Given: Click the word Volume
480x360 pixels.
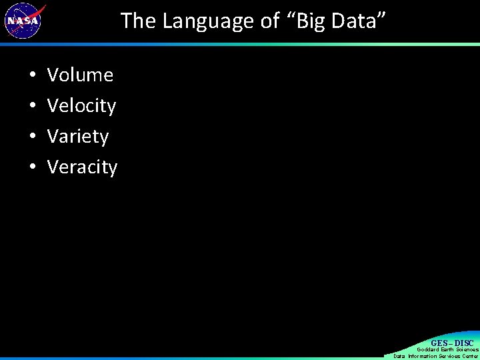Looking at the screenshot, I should coord(80,75).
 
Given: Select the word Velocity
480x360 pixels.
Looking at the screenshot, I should coord(81,106).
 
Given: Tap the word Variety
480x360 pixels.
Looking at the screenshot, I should coord(78,137).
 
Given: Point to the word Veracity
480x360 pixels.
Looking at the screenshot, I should coord(82,167).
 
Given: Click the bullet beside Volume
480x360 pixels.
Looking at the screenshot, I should coord(33,76).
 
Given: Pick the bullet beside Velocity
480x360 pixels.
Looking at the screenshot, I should coord(33,107).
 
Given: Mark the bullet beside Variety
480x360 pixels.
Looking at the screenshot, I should coord(33,137).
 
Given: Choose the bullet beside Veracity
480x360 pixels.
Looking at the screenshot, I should coord(33,168).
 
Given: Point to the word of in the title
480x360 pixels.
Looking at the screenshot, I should coord(270,21).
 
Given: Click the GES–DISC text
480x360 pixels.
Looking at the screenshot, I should coord(452,343).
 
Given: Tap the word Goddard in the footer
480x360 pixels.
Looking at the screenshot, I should coord(428,349).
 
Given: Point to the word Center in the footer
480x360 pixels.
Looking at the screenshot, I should coord(471,356).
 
